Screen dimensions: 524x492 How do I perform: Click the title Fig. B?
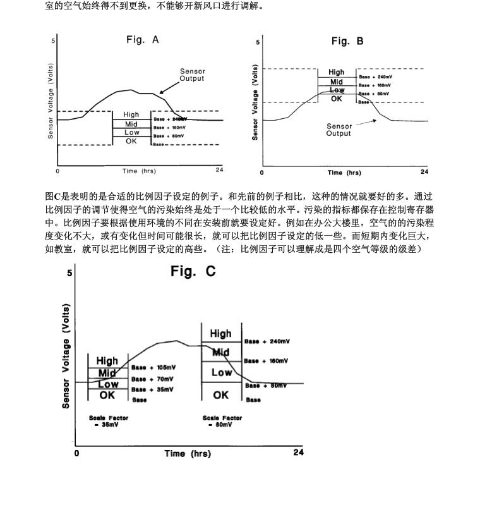point(347,42)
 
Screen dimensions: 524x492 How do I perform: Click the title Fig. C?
point(193,272)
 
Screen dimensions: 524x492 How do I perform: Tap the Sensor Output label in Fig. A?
point(192,75)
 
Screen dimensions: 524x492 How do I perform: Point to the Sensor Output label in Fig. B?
point(339,130)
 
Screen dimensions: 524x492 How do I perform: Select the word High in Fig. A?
point(131,114)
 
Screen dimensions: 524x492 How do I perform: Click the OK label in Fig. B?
point(336,99)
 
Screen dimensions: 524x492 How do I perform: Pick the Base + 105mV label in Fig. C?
point(154,367)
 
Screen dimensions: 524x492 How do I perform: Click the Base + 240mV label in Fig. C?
point(267,342)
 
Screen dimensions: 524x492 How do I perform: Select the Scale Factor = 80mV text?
point(222,421)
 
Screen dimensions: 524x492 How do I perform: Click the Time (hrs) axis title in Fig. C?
point(188,454)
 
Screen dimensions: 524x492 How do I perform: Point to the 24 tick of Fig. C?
point(298,453)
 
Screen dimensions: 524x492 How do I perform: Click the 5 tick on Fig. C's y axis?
point(69,273)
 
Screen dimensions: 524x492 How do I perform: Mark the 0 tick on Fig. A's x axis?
point(57,171)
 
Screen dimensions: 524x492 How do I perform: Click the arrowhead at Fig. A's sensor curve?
point(162,92)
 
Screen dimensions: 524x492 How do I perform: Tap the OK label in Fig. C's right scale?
point(220,395)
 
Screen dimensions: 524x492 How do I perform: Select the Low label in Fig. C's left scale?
point(108,384)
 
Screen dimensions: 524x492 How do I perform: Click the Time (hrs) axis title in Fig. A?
point(139,171)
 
